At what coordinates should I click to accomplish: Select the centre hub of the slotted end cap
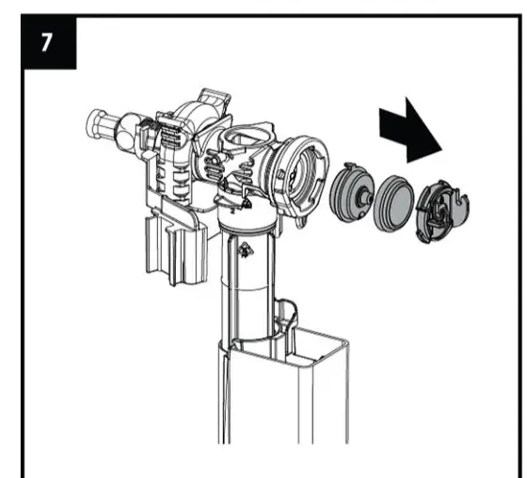(439, 209)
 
